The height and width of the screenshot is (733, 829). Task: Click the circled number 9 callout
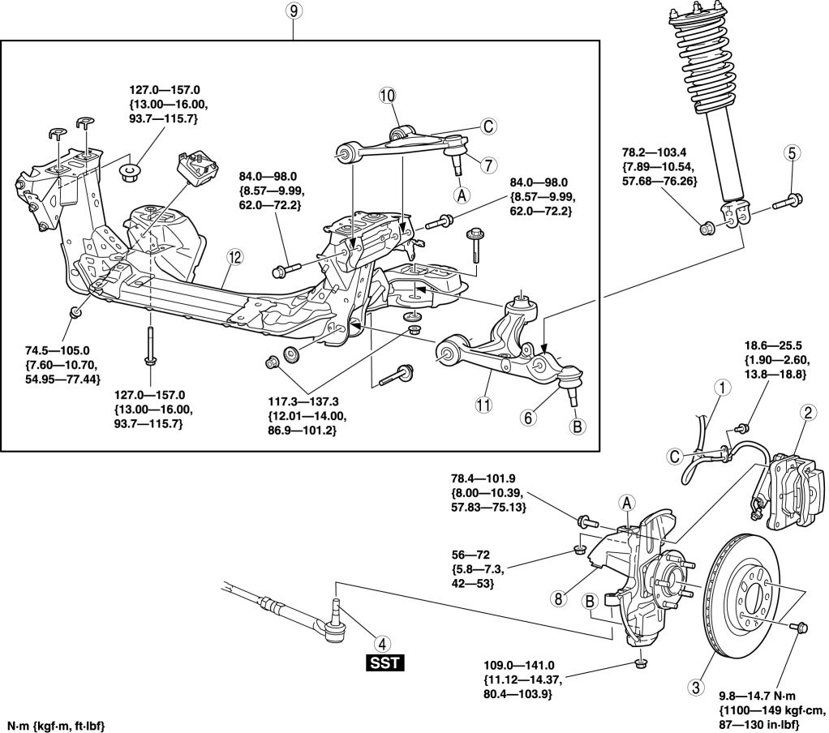tap(294, 13)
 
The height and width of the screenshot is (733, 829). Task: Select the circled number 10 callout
tap(387, 96)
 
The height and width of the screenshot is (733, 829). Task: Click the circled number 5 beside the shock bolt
tap(792, 152)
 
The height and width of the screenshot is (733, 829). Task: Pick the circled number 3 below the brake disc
tap(695, 688)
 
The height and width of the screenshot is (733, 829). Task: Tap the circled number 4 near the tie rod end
tap(375, 638)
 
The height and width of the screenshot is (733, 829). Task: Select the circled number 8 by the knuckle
tap(557, 599)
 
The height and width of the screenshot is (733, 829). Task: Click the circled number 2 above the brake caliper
tap(808, 413)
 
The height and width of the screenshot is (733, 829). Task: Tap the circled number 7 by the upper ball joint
tap(487, 165)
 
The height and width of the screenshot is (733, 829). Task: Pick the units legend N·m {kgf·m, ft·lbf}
tap(58, 722)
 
